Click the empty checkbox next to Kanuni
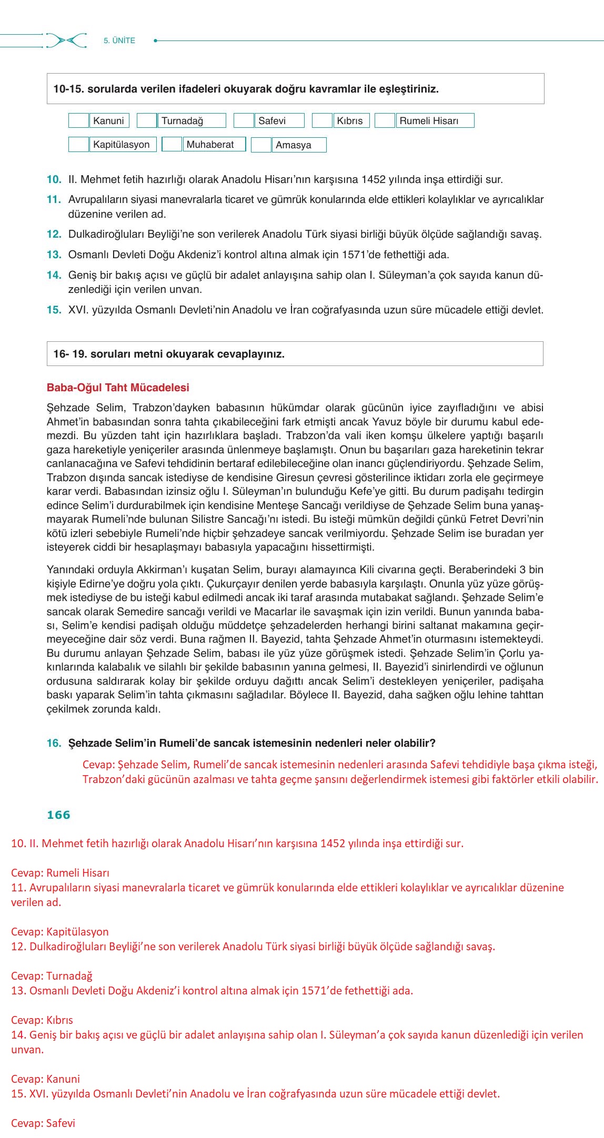[x=78, y=120]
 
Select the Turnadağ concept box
[x=192, y=120]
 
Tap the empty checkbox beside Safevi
[x=244, y=120]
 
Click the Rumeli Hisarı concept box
[x=435, y=120]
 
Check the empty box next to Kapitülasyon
[x=78, y=145]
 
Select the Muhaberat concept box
[x=214, y=144]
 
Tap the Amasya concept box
[x=299, y=145]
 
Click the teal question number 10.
[x=54, y=180]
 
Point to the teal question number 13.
[x=54, y=255]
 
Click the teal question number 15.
[x=54, y=310]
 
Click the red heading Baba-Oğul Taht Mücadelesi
[x=118, y=388]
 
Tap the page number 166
[x=58, y=815]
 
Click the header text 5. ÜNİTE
[x=119, y=40]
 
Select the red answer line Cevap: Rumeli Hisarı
[x=60, y=873]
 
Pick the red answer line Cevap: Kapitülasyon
[x=60, y=932]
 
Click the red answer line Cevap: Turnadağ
[x=52, y=976]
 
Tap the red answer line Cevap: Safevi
[x=43, y=1123]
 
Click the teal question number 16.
[x=54, y=743]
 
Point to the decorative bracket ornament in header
[x=66, y=40]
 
